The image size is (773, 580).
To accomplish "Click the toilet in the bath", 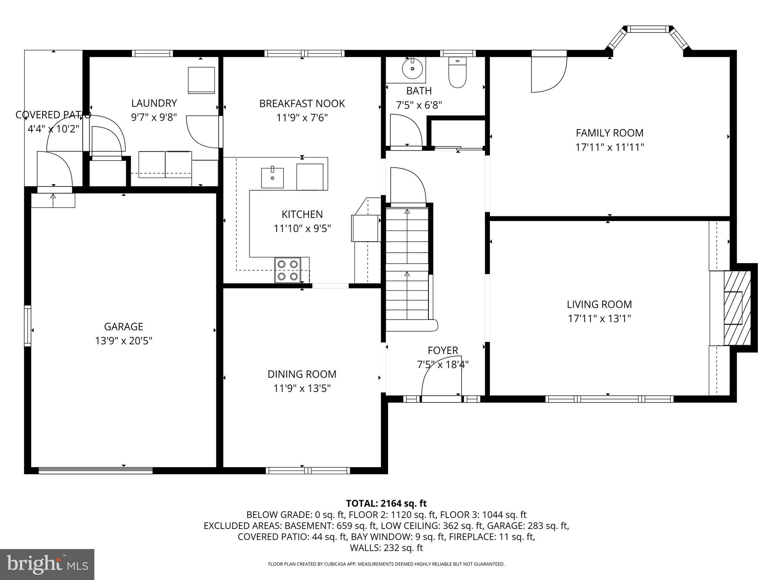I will (457, 72).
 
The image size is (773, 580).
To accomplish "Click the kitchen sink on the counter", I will (273, 178).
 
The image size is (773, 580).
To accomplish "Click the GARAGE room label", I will (123, 327).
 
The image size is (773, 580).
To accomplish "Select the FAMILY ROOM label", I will (609, 133).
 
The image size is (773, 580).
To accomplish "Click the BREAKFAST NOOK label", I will (302, 103).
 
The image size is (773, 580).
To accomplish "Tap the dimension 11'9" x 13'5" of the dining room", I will (302, 389).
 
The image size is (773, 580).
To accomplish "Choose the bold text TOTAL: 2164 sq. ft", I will (386, 503).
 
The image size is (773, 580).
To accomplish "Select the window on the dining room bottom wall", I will (308, 470).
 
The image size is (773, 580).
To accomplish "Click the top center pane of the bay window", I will (647, 29).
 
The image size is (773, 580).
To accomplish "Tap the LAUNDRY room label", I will (154, 103).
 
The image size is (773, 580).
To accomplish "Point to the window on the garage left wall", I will (28, 325).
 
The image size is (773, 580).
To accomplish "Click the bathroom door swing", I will (406, 130).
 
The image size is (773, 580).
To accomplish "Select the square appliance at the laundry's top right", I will (202, 80).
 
